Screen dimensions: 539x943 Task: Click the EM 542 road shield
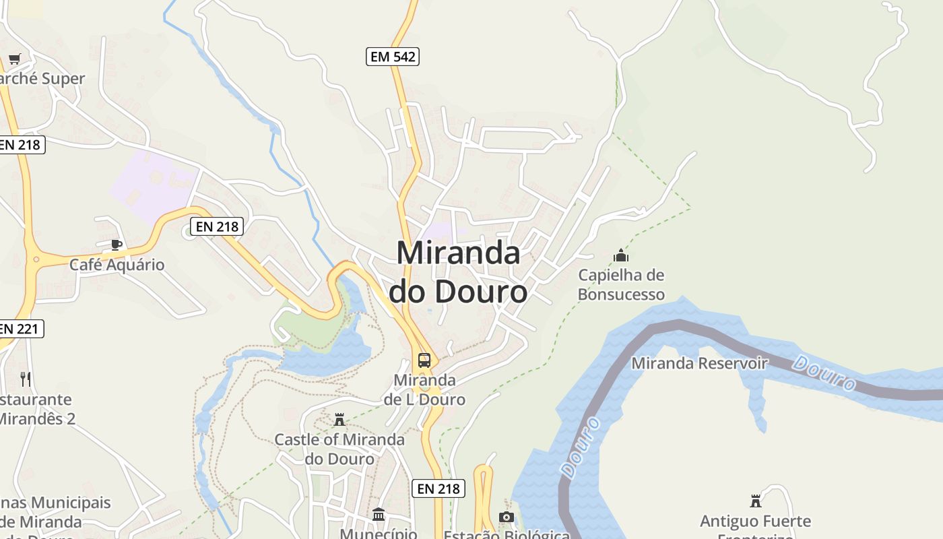coord(393,57)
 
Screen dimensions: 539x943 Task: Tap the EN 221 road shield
coord(20,329)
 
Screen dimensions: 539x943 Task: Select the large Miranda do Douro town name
coord(458,273)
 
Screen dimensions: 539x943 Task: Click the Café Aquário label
coord(117,264)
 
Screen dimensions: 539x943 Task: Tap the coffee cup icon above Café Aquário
coord(117,244)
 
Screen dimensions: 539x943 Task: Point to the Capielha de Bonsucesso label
coord(621,284)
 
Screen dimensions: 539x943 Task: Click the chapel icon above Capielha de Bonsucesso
coord(621,255)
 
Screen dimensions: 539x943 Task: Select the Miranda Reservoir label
coord(699,364)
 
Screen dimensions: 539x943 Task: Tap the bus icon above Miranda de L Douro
coord(424,360)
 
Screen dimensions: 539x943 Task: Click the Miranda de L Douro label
coord(424,389)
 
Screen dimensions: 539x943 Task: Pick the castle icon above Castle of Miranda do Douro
coord(339,420)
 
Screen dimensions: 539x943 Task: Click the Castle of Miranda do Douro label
coord(339,449)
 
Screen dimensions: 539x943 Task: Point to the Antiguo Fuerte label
coord(755,521)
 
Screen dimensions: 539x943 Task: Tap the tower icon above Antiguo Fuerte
coord(755,501)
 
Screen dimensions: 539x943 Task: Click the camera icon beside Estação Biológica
coord(506,517)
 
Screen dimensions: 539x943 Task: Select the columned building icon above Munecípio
coord(379,515)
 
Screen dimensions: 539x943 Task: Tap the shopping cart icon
coord(15,59)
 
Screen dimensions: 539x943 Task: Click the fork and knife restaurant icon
coord(26,379)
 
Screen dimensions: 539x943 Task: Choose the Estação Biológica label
coord(507,534)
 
